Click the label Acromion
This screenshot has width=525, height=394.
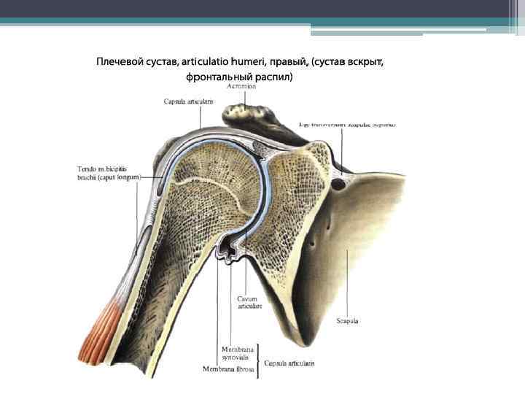click(241, 86)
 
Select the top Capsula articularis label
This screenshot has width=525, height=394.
click(188, 102)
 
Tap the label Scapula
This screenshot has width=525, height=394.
click(347, 320)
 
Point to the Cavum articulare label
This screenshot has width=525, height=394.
click(248, 303)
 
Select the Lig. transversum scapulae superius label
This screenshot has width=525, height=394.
click(348, 125)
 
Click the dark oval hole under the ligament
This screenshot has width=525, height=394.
click(338, 185)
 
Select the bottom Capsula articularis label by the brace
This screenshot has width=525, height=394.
click(289, 363)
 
